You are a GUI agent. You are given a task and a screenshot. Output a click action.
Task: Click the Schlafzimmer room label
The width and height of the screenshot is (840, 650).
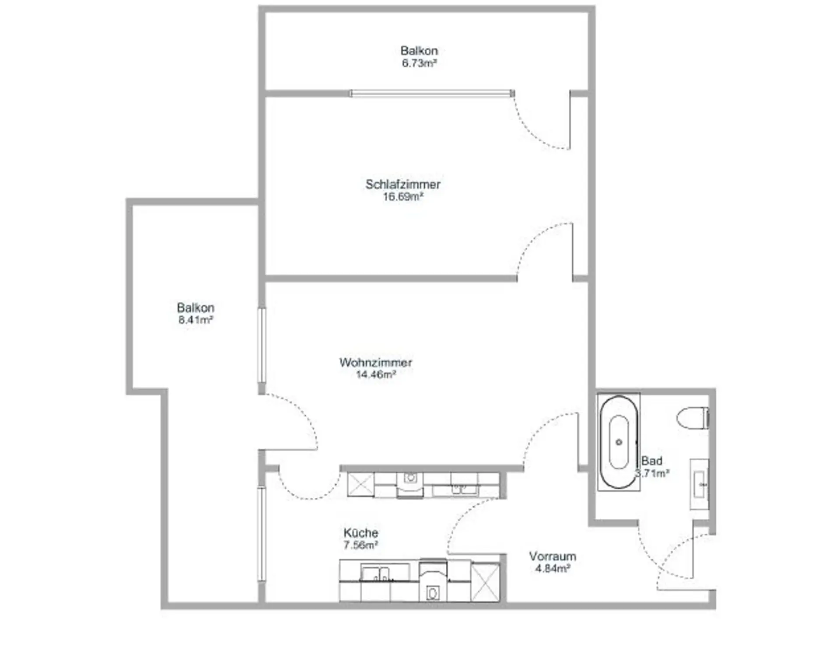coord(403,184)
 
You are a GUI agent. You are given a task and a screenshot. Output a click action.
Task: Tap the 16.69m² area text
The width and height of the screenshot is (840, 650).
coord(403,197)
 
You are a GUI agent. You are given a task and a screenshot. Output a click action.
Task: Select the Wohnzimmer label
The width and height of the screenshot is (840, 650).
coord(376,362)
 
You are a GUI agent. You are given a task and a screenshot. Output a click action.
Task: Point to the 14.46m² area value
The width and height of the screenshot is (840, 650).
coord(376,374)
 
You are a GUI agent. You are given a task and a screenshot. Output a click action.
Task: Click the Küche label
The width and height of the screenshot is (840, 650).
coord(361,533)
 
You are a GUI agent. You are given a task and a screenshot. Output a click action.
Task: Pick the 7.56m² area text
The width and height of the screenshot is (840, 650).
coord(361,545)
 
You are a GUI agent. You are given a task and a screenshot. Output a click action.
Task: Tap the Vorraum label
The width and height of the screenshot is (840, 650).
coord(553,556)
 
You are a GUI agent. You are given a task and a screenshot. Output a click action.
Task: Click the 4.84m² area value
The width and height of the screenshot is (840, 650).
coord(553,569)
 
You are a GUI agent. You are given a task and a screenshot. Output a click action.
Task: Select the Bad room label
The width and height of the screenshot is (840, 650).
coord(652,461)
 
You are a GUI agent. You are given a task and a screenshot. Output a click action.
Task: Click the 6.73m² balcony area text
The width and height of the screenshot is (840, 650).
coord(420,63)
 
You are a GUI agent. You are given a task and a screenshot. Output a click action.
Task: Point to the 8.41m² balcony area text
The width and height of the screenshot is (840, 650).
coord(196,320)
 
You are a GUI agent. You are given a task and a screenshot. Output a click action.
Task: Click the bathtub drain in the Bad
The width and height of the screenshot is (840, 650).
coord(619,442)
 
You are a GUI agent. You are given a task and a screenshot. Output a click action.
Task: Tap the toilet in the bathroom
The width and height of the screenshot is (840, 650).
coord(692,418)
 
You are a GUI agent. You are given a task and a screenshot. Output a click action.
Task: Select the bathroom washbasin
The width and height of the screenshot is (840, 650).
coord(699,484)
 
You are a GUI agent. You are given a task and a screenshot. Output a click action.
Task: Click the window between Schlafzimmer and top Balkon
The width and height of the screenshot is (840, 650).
coord(432,93)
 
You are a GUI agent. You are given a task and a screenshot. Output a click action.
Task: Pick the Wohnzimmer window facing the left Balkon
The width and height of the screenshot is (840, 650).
coord(262,346)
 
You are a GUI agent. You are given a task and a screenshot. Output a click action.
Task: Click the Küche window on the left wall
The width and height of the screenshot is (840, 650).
coord(262,534)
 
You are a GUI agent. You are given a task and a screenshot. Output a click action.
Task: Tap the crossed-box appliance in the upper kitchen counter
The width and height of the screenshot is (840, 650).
coord(361,484)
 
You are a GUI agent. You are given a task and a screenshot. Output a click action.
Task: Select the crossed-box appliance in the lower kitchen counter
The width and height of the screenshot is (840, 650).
coord(485,583)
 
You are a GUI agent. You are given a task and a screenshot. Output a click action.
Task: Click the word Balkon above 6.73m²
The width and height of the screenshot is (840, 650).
coord(420,51)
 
